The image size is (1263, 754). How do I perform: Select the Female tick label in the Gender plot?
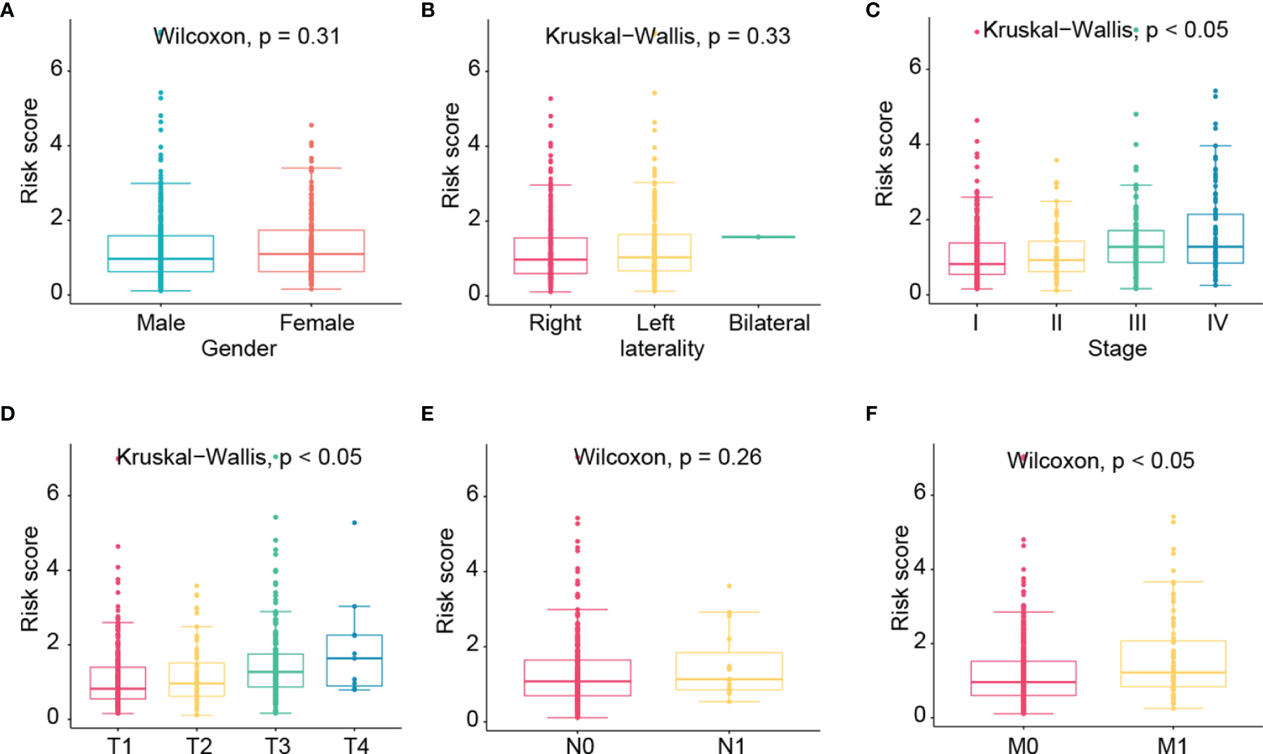coord(317,323)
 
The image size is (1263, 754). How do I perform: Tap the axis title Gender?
coord(238,349)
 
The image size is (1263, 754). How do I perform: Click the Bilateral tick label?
coord(769,323)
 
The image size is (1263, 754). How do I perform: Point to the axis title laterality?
coord(661,349)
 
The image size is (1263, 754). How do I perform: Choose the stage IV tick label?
coord(1217,323)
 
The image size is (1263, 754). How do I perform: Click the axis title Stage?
coord(1117,349)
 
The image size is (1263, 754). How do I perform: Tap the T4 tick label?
coord(356,745)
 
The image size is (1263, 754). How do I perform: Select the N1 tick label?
coord(731,745)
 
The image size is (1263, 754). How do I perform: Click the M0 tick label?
coord(1022,745)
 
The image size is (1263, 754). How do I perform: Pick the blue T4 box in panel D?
coord(354,660)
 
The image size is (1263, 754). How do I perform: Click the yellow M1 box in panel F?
coord(1173,663)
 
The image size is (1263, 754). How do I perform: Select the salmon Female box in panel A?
coord(311,250)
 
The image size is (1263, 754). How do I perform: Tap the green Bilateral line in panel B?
coord(758,237)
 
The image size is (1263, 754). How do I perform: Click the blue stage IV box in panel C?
coord(1215,238)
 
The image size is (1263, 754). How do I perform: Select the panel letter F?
coord(871,414)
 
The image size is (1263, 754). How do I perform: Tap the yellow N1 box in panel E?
coord(729,671)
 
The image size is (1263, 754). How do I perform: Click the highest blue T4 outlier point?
coord(354,523)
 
